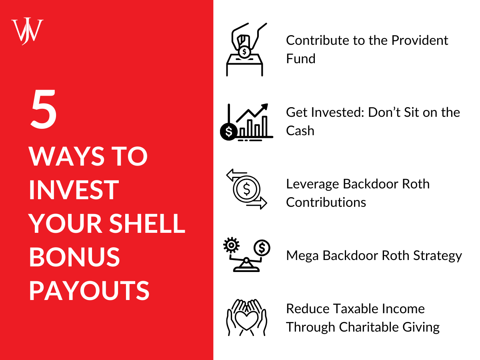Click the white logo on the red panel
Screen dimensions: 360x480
pos(27,31)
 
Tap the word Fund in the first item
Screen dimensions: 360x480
pos(300,59)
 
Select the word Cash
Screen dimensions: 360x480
pos(300,131)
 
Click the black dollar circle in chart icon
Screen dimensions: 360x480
pos(229,132)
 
